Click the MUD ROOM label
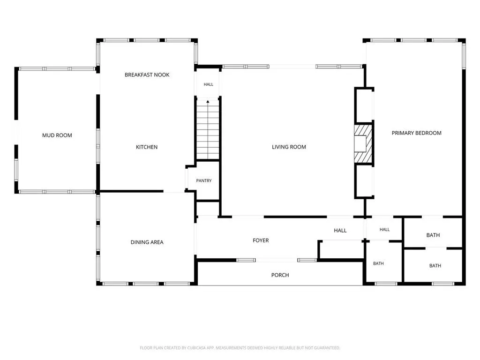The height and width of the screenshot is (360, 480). tap(57, 135)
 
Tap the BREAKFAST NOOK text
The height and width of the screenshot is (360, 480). tap(147, 75)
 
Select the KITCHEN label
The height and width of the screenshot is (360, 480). tap(147, 147)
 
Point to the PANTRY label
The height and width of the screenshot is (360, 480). tap(204, 180)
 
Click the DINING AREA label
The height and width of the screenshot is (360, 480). tap(147, 242)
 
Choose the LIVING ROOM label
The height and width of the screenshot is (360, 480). tap(289, 147)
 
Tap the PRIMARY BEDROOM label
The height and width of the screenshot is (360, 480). tap(417, 133)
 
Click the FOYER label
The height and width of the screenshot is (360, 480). tap(261, 240)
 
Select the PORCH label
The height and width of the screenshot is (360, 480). tap(280, 275)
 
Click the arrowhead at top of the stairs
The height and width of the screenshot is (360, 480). tap(208, 101)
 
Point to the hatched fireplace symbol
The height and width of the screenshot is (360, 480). tap(363, 143)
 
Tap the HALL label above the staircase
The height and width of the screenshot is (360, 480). tap(209, 84)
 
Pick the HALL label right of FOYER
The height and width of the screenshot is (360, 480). tap(340, 231)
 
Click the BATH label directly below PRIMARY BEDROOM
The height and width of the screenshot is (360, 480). tap(433, 235)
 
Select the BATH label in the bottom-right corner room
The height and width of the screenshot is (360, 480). tap(435, 266)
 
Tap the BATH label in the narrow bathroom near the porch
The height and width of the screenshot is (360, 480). tap(378, 263)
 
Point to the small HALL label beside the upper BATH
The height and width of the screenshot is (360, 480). tap(385, 230)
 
